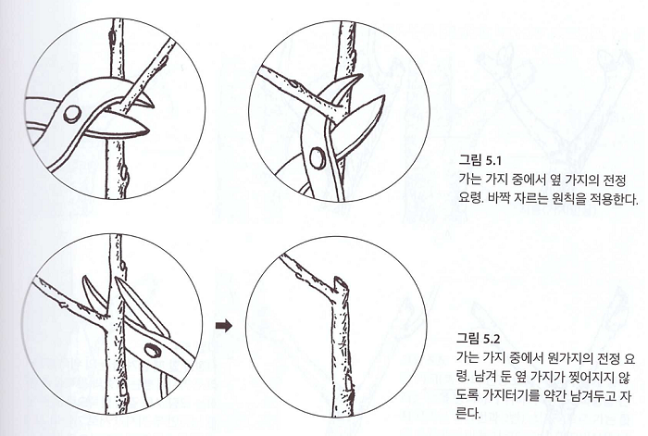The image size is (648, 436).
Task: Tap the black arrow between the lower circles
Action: point(222,325)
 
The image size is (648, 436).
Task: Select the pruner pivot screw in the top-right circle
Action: point(318,160)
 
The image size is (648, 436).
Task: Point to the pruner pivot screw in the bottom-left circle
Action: point(153,350)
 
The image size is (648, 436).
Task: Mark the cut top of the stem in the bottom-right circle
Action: point(340,280)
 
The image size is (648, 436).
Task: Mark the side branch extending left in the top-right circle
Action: point(282,82)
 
